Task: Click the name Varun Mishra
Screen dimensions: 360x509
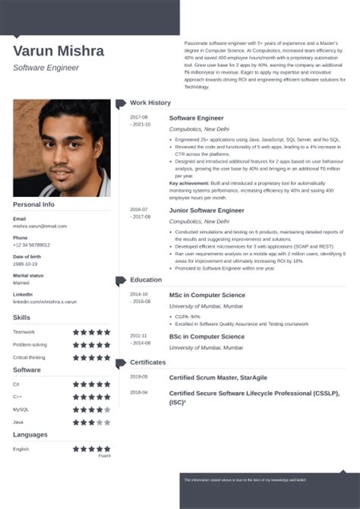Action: (58, 51)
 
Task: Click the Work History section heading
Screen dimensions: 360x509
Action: (150, 103)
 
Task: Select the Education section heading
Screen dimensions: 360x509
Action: (146, 280)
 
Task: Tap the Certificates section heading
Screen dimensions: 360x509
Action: (148, 362)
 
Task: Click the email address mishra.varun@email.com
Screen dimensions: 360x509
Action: (39, 226)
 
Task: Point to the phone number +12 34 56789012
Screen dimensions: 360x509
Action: (31, 245)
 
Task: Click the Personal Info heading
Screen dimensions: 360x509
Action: (34, 204)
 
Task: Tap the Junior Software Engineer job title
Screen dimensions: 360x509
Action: (207, 210)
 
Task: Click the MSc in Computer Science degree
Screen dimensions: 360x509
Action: (207, 294)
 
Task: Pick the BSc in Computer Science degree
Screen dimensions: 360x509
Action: (206, 336)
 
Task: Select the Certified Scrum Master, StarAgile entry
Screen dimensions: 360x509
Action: (226, 377)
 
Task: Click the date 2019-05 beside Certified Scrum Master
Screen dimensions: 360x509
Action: (138, 376)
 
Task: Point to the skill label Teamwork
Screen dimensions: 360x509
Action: (24, 331)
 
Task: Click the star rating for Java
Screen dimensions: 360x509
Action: (91, 422)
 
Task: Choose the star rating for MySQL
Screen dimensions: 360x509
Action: (91, 409)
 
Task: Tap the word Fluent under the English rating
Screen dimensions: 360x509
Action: (104, 456)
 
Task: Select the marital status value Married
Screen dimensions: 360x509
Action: (21, 283)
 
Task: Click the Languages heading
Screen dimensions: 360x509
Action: (31, 435)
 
